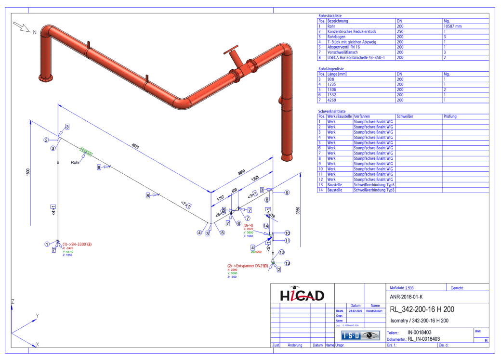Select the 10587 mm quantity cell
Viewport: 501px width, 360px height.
click(452, 26)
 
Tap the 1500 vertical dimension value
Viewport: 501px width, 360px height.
click(28, 172)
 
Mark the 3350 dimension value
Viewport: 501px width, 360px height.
click(298, 210)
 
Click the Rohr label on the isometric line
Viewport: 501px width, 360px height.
click(75, 162)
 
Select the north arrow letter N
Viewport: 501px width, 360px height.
click(35, 32)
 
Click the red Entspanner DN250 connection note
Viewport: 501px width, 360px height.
click(247, 265)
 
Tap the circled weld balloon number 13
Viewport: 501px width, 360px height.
click(287, 263)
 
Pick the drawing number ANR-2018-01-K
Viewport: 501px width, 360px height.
click(407, 297)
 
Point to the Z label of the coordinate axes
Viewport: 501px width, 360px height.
click(13, 301)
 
